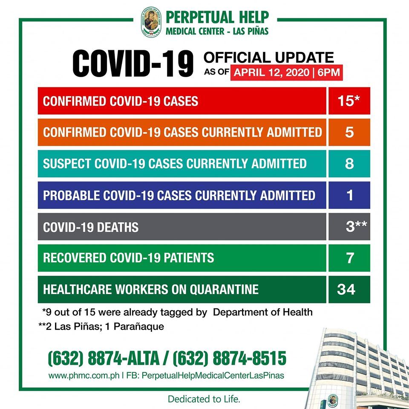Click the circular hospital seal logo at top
point(151,23)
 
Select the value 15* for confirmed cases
point(349,101)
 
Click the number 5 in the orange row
point(349,132)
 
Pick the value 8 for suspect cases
point(349,164)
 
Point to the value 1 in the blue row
point(349,195)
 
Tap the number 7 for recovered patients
point(349,258)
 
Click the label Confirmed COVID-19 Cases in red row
point(121,101)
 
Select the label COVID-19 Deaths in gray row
point(91,227)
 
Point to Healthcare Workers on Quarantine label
point(151,290)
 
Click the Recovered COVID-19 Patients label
point(128,258)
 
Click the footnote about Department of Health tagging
point(177,312)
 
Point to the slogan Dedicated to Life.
point(204,400)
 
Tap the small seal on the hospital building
point(333,400)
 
